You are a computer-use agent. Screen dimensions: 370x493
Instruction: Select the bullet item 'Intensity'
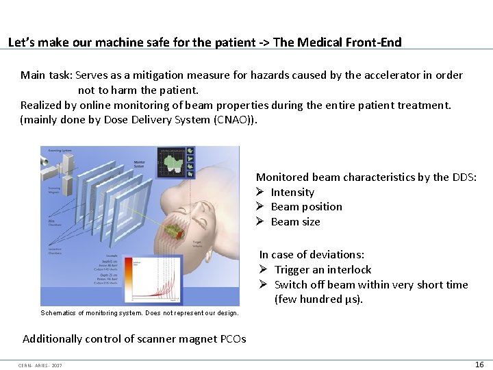(292, 193)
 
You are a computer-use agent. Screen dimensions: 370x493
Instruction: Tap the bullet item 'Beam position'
(306, 207)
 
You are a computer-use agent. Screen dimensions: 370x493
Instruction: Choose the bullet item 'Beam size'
(295, 222)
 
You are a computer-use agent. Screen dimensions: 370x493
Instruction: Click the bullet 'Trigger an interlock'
(323, 270)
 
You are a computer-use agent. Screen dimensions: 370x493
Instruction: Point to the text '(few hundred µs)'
(318, 299)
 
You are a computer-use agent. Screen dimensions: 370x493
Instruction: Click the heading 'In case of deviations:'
(312, 254)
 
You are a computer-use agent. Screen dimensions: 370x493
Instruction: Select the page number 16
(479, 365)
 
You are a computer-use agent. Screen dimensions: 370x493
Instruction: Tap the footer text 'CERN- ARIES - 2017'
(40, 365)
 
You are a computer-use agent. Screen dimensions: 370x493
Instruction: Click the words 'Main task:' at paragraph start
(47, 75)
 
